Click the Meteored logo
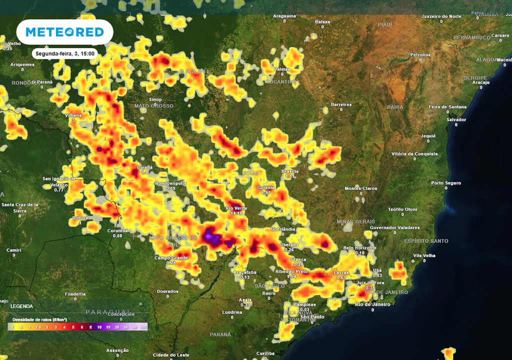(x=64, y=32)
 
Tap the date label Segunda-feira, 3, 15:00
(x=63, y=53)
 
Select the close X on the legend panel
(x=140, y=303)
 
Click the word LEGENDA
(x=21, y=305)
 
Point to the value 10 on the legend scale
(x=99, y=326)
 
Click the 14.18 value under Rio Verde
(x=236, y=213)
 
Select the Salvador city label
(x=456, y=119)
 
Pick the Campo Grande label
(x=170, y=258)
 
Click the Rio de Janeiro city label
(x=372, y=304)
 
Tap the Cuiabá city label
(x=145, y=167)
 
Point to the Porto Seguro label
(x=446, y=183)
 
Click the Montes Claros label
(x=360, y=188)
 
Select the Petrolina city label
(x=420, y=54)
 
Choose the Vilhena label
(x=73, y=115)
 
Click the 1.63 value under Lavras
(x=341, y=277)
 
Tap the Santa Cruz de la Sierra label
(x=20, y=207)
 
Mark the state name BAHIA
(x=395, y=107)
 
